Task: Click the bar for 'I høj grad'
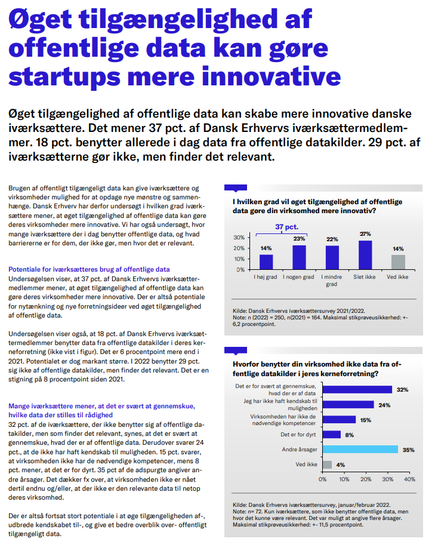(266, 262)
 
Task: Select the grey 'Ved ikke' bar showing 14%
(398, 262)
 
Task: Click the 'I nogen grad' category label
(299, 278)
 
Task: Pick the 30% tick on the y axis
(239, 238)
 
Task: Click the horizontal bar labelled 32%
(357, 390)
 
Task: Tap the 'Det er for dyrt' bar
(332, 435)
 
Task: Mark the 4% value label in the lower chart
(341, 464)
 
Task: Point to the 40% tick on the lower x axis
(410, 479)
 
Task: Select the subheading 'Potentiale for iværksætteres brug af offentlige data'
(89, 269)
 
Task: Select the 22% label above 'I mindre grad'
(332, 239)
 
